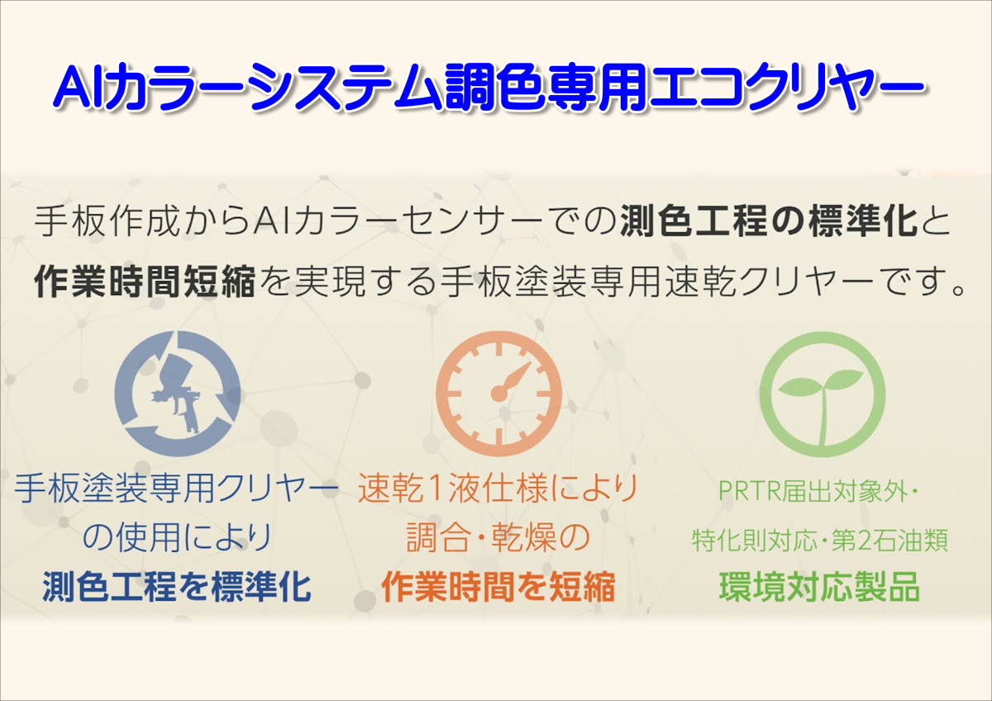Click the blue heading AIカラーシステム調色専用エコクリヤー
[x=489, y=88]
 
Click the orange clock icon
[x=498, y=393]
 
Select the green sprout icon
[x=823, y=394]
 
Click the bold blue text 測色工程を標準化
[x=177, y=587]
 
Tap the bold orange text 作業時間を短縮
[x=498, y=587]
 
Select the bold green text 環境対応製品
[x=819, y=587]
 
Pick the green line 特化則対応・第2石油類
[x=820, y=540]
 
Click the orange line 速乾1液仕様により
[x=498, y=489]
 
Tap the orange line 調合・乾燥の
[x=498, y=537]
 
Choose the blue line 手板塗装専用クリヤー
[x=176, y=489]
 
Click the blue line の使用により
[x=177, y=537]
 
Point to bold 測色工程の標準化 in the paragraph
[x=768, y=222]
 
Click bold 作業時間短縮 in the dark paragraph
[x=145, y=281]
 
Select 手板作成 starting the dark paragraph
[x=107, y=222]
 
